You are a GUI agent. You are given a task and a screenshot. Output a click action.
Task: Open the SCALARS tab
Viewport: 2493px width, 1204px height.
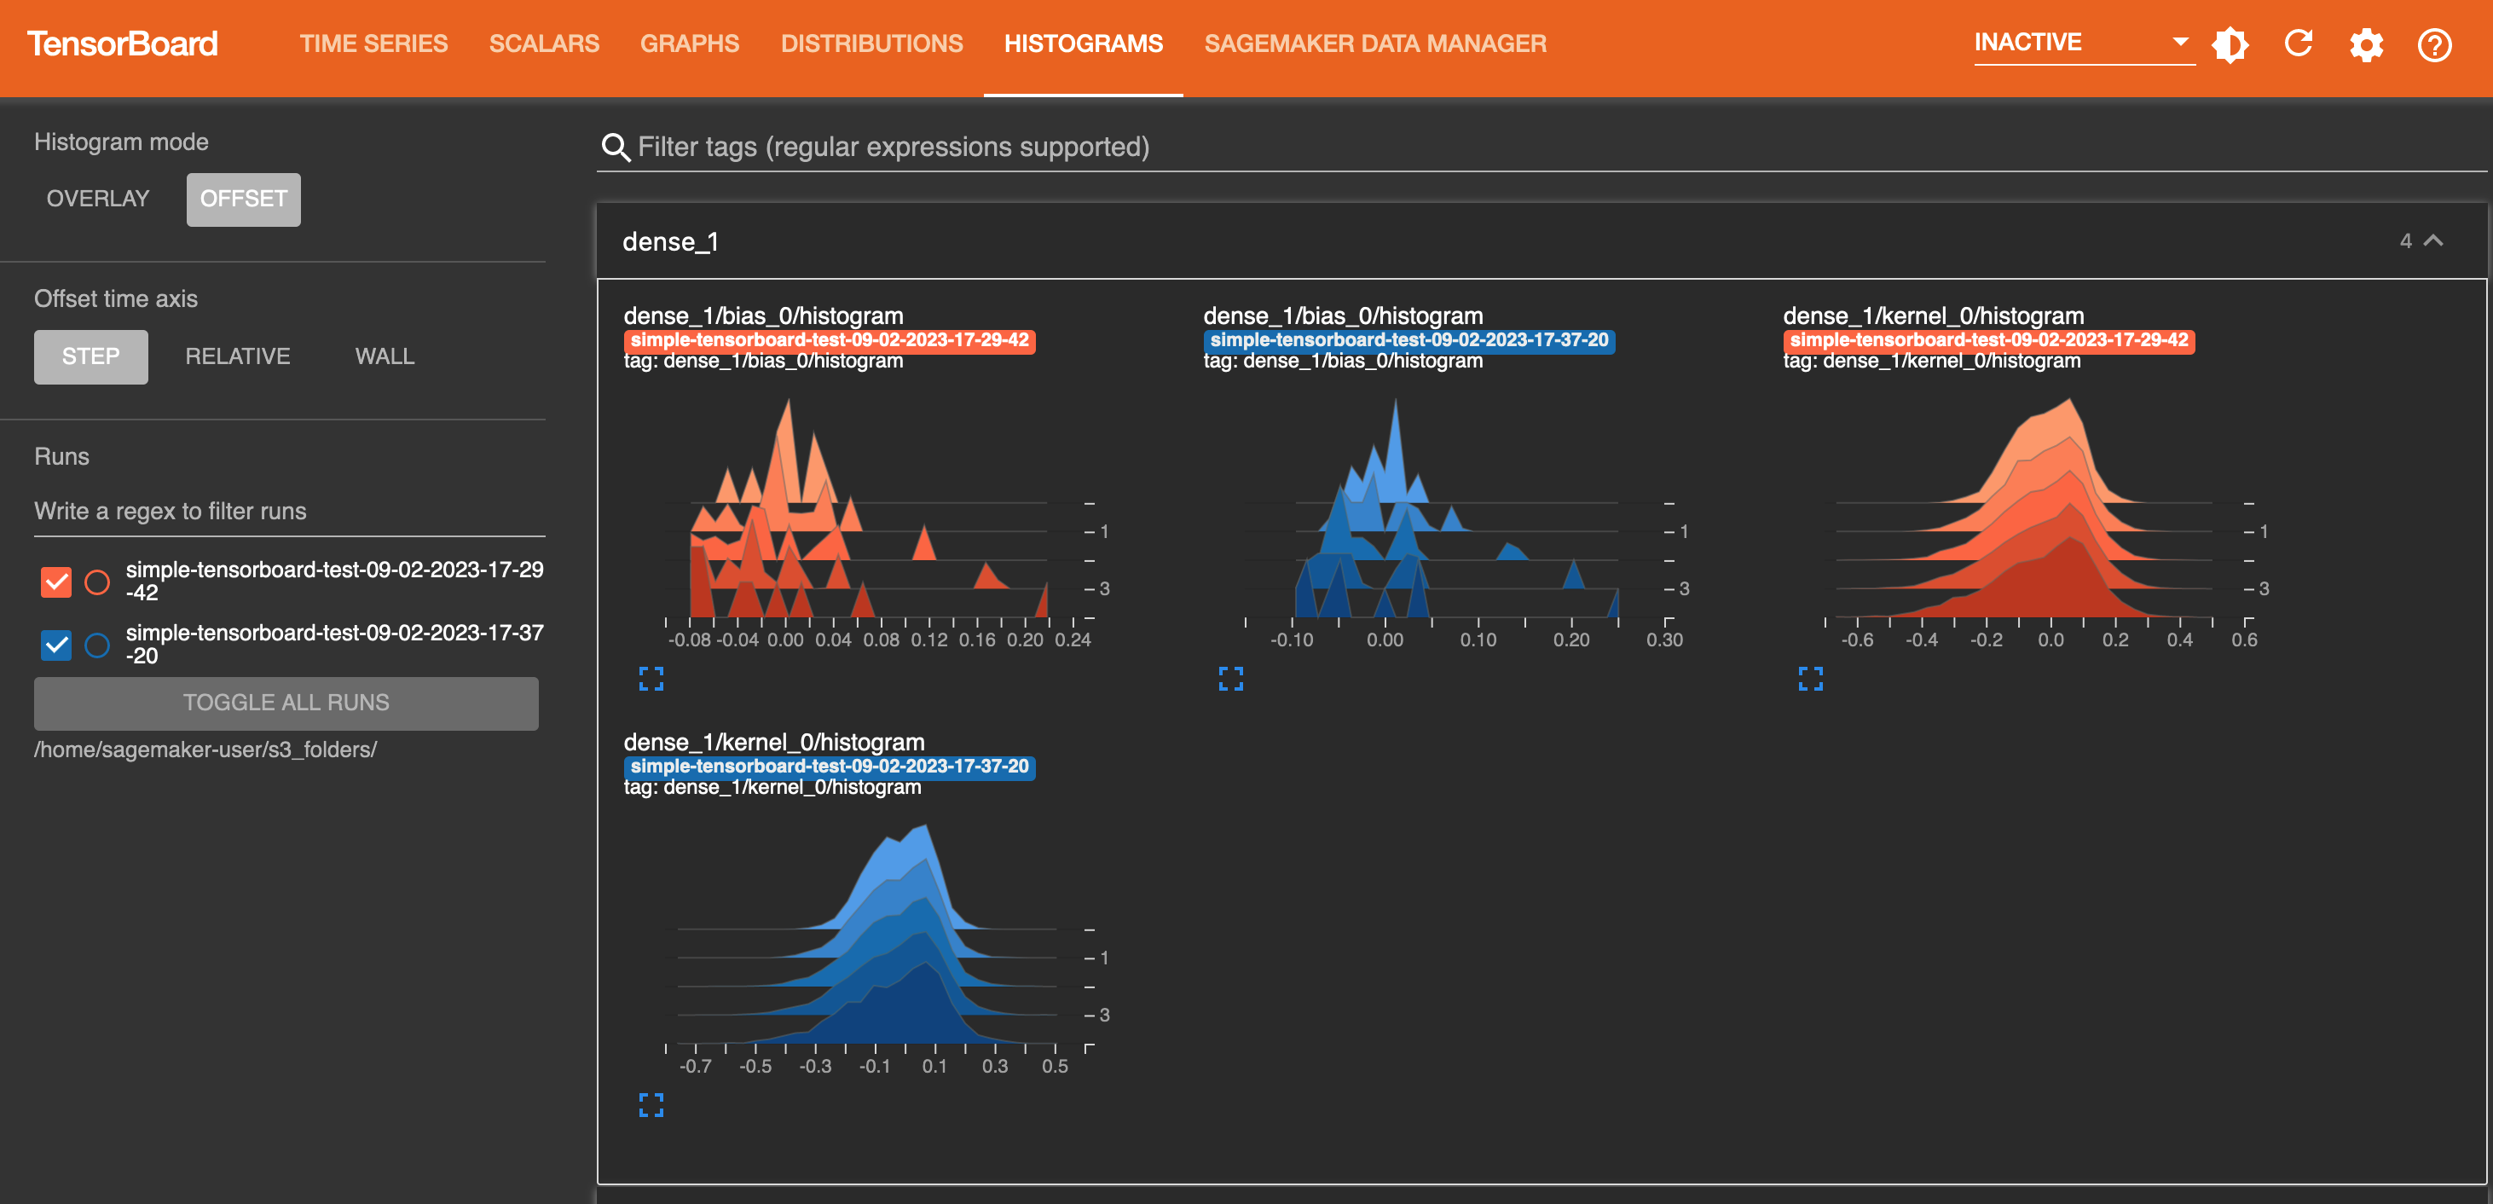point(544,43)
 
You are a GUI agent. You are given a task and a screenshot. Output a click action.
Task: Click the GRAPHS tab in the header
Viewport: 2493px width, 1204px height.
point(689,43)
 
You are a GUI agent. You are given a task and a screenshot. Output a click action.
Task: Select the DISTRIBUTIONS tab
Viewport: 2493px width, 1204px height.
point(871,43)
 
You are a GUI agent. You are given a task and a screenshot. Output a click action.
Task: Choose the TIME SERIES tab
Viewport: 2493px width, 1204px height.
point(373,43)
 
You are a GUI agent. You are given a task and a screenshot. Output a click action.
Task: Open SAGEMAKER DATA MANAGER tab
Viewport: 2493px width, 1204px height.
point(1374,43)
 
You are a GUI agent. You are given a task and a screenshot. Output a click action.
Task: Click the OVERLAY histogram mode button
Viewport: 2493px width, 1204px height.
point(98,199)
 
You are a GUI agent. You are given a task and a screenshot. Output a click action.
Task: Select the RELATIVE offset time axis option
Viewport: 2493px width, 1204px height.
point(237,356)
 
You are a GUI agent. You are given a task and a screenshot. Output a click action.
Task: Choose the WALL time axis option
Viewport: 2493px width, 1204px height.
point(385,356)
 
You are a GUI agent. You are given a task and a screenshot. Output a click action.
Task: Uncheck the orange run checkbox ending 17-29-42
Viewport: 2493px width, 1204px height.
point(56,582)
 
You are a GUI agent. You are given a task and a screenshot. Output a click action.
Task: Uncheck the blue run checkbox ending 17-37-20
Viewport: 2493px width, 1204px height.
point(56,645)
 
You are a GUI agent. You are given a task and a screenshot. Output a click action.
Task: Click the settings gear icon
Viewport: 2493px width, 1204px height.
point(2366,44)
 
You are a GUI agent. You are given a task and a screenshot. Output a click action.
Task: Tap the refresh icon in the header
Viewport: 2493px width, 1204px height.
point(2299,43)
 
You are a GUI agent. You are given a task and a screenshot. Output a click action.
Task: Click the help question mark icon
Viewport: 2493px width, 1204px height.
point(2434,44)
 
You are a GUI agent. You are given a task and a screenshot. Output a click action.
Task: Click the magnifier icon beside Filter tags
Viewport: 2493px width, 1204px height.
point(616,148)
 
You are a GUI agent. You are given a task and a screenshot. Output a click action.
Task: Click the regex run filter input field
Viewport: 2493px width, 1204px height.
point(289,511)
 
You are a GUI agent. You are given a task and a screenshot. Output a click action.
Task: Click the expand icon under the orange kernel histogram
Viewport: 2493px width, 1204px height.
point(1810,679)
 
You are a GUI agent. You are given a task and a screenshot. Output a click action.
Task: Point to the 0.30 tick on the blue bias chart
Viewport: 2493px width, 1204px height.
point(1664,640)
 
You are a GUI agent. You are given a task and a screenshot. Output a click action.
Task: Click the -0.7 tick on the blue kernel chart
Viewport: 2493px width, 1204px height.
point(695,1066)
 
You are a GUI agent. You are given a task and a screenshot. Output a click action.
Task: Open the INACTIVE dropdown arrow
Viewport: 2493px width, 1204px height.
point(2179,42)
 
